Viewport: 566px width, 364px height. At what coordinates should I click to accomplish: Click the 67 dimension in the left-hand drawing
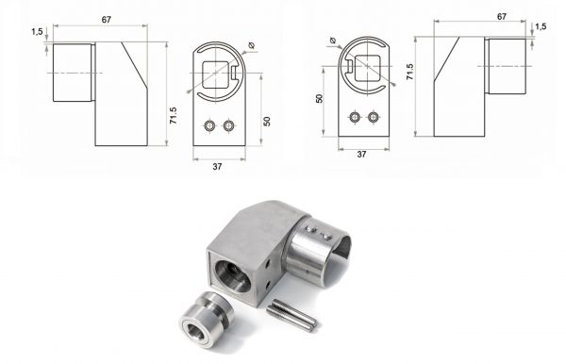[x=106, y=20]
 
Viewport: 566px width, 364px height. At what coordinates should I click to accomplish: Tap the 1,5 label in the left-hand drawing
[x=37, y=32]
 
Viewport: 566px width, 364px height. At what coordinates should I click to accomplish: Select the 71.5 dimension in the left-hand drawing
[x=174, y=115]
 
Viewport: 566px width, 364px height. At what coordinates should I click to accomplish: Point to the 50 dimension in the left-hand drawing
[x=267, y=122]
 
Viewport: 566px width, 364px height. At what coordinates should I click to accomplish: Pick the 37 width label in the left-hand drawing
[x=217, y=167]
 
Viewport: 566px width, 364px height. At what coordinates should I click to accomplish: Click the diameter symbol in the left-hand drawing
[x=252, y=45]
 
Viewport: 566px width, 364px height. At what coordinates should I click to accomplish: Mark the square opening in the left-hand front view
[x=215, y=74]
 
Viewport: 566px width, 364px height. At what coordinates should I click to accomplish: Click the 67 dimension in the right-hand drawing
[x=502, y=17]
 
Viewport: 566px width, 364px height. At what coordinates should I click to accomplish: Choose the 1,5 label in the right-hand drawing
[x=541, y=26]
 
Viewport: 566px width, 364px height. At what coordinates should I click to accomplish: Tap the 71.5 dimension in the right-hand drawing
[x=409, y=72]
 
